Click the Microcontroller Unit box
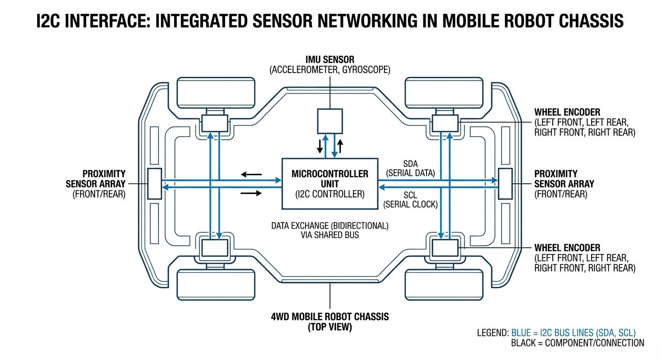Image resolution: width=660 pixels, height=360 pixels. (330, 183)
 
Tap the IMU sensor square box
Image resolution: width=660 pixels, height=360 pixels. (330, 121)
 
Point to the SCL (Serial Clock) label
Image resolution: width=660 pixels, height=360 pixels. (410, 200)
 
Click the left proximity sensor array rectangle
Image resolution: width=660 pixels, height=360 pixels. (155, 183)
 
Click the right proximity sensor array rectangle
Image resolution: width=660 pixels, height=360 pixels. (505, 183)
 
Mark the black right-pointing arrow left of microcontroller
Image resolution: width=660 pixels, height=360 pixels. (252, 193)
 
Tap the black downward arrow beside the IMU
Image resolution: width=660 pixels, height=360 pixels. (320, 146)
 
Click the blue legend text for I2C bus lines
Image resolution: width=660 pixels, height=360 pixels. (573, 333)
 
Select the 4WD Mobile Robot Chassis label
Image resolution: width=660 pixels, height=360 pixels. (330, 316)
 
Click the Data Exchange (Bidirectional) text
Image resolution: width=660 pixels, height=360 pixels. (330, 225)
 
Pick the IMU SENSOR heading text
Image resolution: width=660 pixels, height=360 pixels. (330, 60)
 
